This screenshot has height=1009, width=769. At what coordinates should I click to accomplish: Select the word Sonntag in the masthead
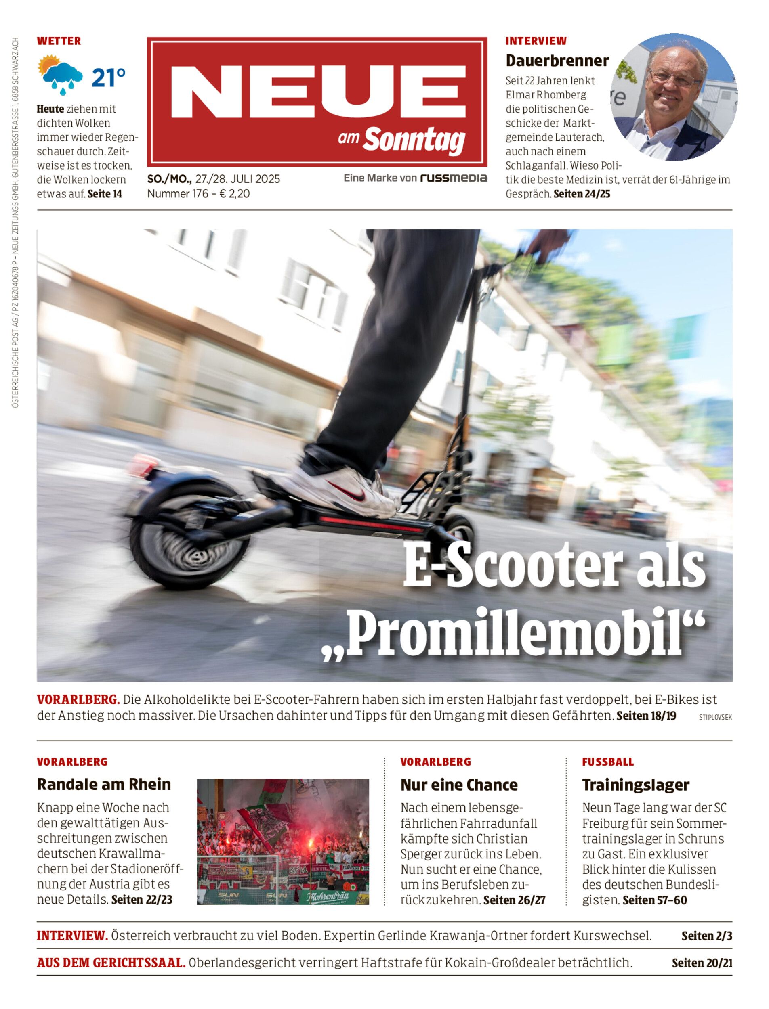tap(414, 140)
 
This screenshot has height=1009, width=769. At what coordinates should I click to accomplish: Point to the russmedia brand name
tap(454, 178)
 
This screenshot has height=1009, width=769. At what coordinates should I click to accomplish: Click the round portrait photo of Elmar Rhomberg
tap(674, 97)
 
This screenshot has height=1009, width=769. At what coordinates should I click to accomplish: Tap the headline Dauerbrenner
tap(557, 61)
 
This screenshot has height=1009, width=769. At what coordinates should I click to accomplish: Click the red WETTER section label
tap(59, 41)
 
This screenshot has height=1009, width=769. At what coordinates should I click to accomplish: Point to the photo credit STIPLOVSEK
tap(715, 718)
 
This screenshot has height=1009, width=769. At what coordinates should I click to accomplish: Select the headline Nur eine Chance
tap(459, 785)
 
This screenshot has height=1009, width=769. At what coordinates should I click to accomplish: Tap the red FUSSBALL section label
tap(608, 762)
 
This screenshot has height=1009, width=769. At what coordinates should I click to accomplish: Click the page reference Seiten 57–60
tap(655, 900)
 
